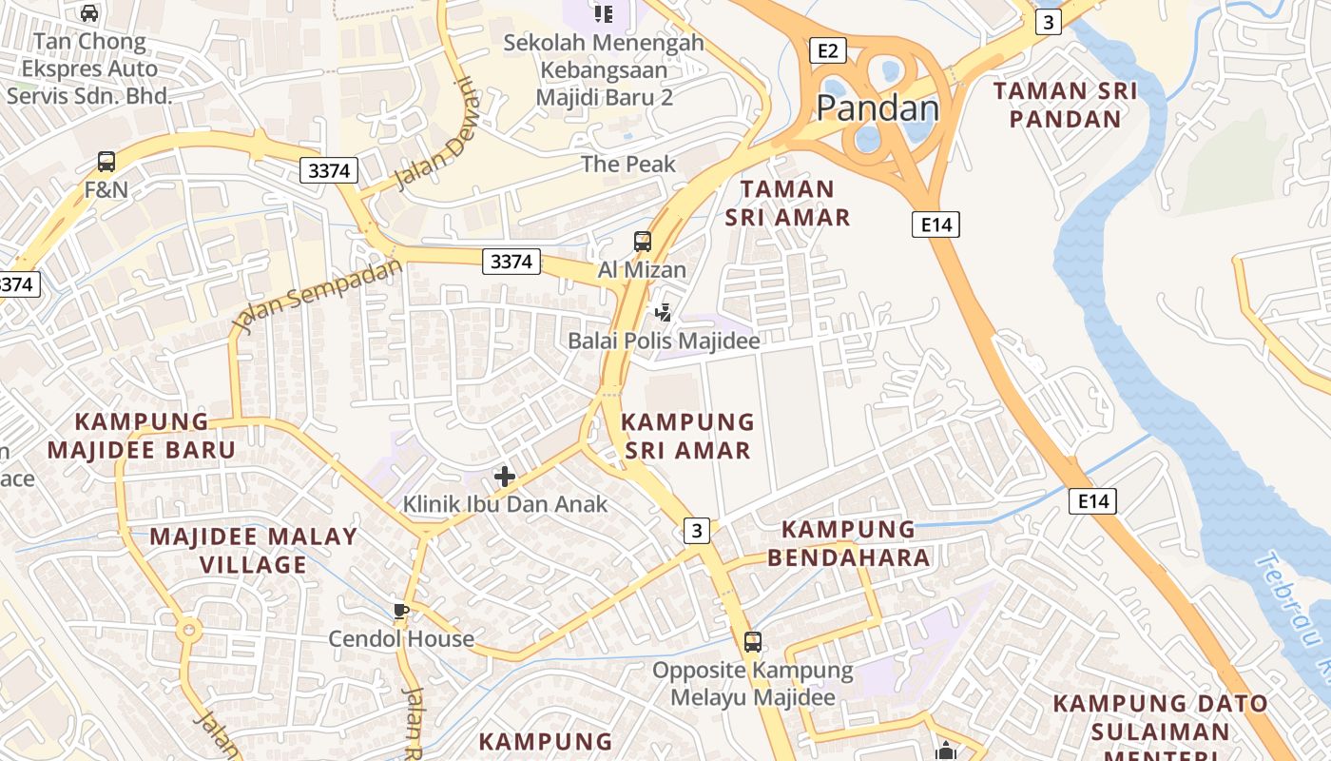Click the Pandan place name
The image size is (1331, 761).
[878, 107]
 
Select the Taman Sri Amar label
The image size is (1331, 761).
[787, 203]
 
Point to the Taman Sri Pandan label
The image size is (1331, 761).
[1066, 105]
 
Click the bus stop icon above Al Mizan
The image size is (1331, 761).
[643, 242]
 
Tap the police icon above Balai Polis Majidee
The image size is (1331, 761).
[664, 311]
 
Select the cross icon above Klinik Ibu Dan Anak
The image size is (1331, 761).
[505, 476]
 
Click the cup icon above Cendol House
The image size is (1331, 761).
[400, 611]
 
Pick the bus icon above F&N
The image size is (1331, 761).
[106, 162]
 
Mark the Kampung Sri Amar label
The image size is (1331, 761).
[687, 436]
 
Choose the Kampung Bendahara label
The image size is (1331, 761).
[848, 543]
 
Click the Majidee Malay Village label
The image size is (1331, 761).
[254, 551]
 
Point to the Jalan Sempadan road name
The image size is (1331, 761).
[318, 296]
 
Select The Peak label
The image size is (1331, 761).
[628, 164]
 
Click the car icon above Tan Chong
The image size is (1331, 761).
[89, 13]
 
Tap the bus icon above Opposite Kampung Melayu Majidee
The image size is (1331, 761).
[753, 642]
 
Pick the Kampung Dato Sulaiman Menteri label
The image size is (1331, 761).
[1160, 731]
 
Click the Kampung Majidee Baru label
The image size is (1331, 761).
[142, 436]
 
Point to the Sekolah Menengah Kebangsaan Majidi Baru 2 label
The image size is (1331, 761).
[605, 69]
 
